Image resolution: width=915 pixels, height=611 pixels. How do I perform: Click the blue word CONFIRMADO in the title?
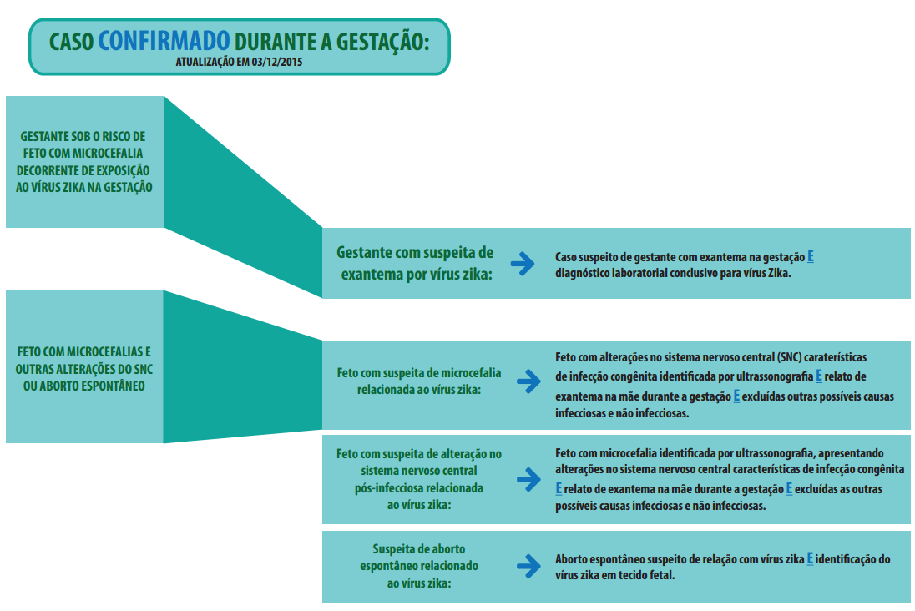tap(164, 41)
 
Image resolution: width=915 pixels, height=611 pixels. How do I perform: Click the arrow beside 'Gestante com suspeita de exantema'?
tap(523, 264)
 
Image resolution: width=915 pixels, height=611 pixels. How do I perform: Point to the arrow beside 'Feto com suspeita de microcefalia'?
tap(528, 381)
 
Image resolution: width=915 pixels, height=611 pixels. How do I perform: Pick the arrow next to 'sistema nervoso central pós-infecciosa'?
tap(528, 480)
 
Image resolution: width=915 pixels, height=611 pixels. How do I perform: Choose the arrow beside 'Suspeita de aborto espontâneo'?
tap(528, 566)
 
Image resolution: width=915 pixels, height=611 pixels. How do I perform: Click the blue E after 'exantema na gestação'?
tap(811, 257)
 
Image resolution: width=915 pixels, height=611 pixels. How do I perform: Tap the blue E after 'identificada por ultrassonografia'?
tap(819, 376)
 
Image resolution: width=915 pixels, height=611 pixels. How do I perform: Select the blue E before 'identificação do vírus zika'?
tap(810, 559)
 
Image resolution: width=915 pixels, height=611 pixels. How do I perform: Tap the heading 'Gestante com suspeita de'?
tap(415, 253)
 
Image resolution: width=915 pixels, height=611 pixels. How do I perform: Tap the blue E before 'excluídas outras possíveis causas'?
tap(736, 396)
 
